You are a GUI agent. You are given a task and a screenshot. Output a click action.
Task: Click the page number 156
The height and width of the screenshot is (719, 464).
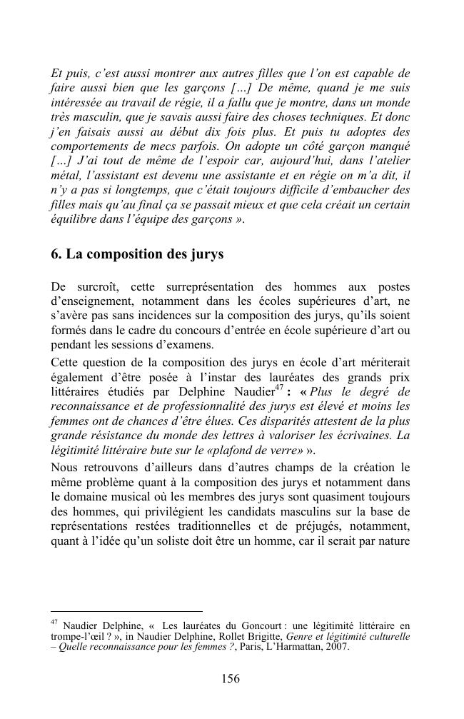click(x=231, y=679)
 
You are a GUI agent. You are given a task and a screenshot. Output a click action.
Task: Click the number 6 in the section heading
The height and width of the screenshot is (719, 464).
click(x=55, y=254)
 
